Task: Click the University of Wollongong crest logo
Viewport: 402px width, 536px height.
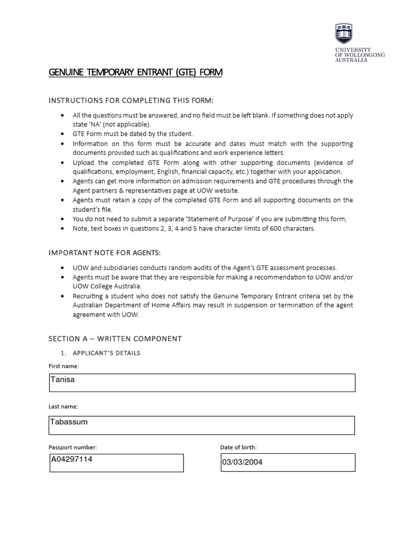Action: (343, 34)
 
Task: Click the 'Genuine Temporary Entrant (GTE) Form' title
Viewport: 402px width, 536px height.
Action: (136, 72)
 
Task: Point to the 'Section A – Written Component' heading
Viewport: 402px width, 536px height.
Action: (115, 339)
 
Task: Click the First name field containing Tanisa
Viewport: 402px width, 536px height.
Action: (202, 382)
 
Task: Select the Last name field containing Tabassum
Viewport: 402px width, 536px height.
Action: (202, 425)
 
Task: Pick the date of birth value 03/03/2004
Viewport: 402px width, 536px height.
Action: (242, 462)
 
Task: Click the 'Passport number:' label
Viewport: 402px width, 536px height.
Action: (73, 447)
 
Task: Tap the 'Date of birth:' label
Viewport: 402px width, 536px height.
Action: (238, 447)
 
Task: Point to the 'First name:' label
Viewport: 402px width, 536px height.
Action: (64, 366)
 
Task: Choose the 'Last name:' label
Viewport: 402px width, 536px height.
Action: (63, 406)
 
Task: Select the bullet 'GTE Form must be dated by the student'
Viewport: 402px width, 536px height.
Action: (133, 133)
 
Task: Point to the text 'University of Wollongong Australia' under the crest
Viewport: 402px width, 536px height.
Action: (360, 54)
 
